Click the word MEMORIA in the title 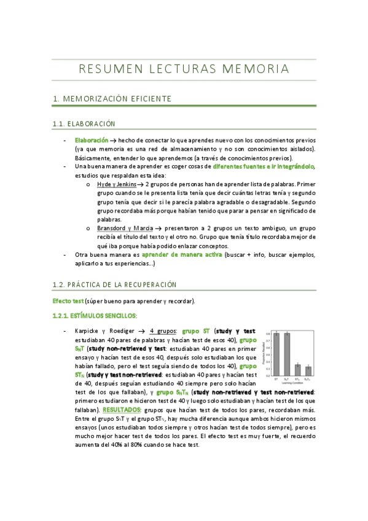click(257, 69)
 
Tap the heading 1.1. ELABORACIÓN click(84, 124)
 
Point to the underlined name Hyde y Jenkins click(117, 184)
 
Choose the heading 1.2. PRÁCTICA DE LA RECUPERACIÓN click(114, 284)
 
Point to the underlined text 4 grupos click(162, 331)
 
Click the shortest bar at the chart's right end click(309, 370)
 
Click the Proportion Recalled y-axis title click(263, 354)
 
